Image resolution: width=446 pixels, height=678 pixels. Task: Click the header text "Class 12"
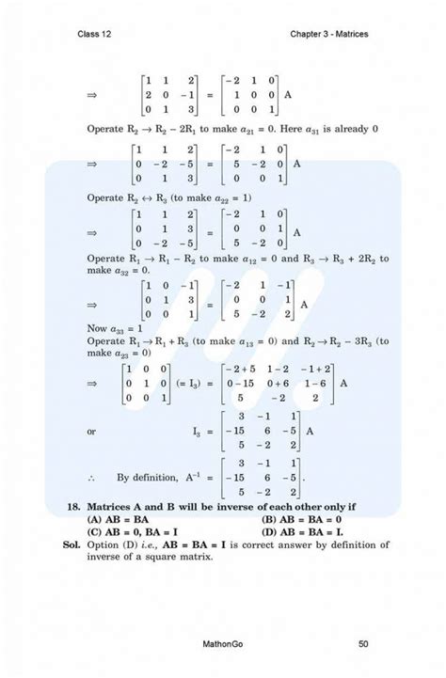[x=96, y=35]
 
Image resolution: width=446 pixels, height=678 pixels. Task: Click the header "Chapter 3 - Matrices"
[x=330, y=35]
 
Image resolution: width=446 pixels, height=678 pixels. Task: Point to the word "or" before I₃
[x=91, y=432]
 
